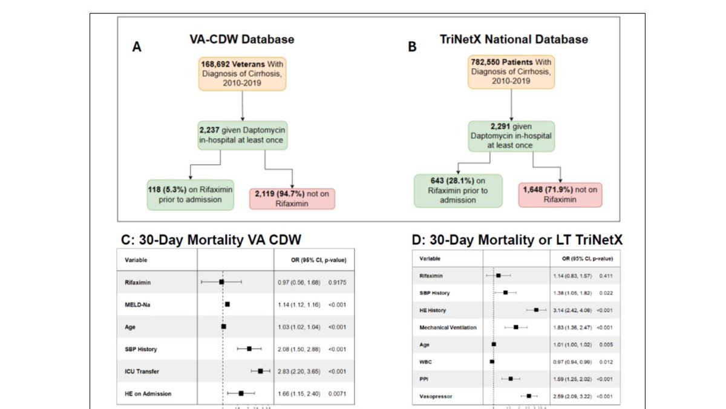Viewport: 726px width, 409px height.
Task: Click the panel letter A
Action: [137, 47]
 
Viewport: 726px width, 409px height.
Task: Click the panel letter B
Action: [412, 47]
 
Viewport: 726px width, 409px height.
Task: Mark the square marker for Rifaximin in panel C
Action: [221, 282]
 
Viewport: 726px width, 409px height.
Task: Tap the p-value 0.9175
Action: [338, 282]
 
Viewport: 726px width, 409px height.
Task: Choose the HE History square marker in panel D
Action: [536, 310]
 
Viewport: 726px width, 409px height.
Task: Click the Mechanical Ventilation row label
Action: [448, 327]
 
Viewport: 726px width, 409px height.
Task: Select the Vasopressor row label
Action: [436, 396]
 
